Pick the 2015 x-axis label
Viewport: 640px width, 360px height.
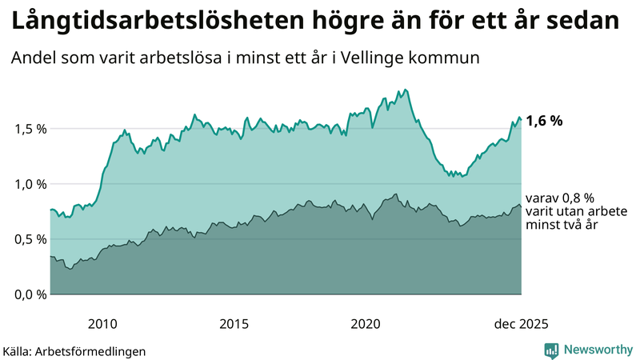[234, 324]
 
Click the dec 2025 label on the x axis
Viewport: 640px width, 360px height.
[521, 324]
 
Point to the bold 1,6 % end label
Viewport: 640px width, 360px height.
[545, 121]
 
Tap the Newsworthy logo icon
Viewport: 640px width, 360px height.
[551, 350]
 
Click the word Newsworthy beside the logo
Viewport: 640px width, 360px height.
[597, 350]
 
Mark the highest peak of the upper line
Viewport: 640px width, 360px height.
[406, 90]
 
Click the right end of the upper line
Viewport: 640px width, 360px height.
[521, 120]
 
